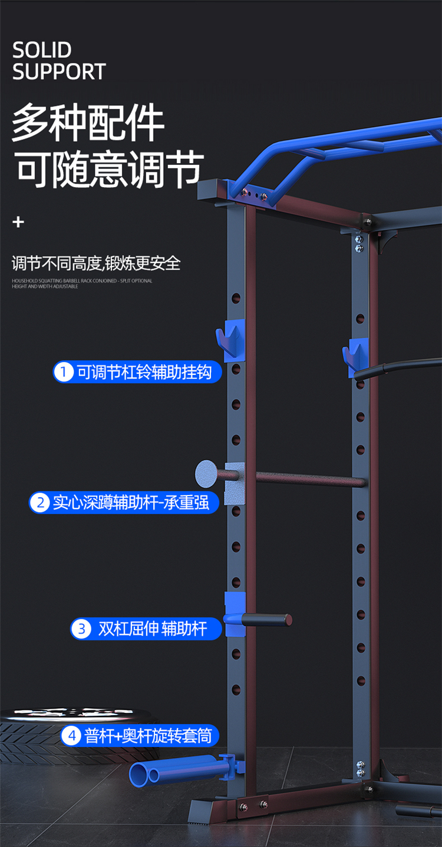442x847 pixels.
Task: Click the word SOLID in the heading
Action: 42,50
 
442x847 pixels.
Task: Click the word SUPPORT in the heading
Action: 58,72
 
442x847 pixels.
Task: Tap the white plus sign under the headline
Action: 19,222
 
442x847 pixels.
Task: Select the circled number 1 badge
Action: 62,372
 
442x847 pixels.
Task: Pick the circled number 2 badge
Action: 40,503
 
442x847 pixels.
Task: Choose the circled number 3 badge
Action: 81,629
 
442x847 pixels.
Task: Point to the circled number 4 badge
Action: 71,735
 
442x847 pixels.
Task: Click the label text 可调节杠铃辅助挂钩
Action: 144,372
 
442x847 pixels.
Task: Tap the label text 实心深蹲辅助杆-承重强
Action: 131,503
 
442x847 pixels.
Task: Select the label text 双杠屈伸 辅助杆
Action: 153,629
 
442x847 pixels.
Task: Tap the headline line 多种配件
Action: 88,123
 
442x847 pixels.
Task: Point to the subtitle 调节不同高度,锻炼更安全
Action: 96,263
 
